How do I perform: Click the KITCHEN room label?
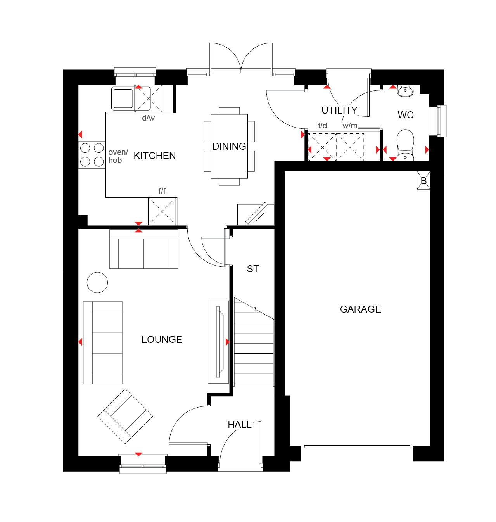click(154, 156)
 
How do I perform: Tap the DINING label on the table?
click(229, 146)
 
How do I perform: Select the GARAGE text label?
click(360, 309)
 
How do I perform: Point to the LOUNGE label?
click(162, 339)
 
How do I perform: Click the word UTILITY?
click(339, 110)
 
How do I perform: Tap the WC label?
click(406, 115)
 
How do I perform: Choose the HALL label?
click(240, 425)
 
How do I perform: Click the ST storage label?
click(252, 269)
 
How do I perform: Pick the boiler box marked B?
click(423, 181)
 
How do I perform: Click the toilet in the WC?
click(405, 145)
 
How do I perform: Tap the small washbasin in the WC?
click(405, 91)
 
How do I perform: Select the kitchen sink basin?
click(123, 99)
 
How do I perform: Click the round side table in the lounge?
click(97, 282)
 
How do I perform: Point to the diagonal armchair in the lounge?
click(125, 416)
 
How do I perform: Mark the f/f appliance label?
click(162, 191)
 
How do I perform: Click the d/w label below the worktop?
click(148, 118)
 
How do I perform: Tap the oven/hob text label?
click(118, 156)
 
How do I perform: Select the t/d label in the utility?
click(322, 126)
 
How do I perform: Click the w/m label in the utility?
click(350, 126)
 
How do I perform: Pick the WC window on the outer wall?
click(437, 121)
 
